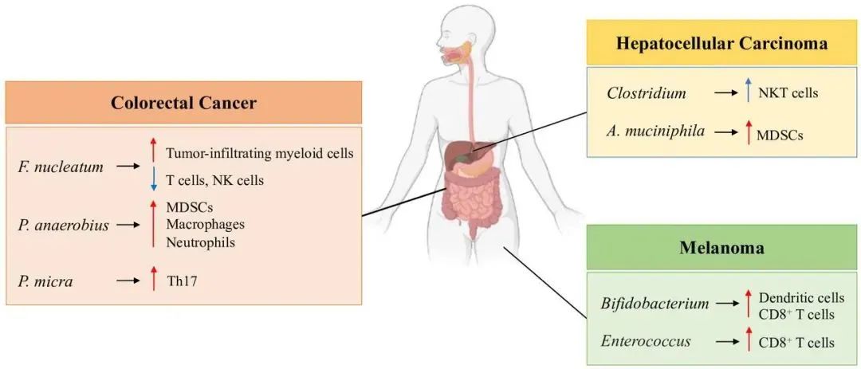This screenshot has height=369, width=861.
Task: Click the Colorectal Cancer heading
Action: tap(183, 104)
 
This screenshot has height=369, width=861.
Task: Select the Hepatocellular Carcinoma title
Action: tap(721, 43)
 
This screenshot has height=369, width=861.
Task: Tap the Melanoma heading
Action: tap(721, 248)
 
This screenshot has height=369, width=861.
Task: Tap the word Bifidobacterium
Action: tap(654, 303)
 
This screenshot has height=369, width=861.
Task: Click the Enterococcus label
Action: tap(647, 342)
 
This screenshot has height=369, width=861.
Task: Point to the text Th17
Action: tap(182, 281)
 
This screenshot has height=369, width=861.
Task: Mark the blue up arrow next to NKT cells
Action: tap(748, 90)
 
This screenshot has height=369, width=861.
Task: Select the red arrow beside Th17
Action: tap(155, 278)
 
